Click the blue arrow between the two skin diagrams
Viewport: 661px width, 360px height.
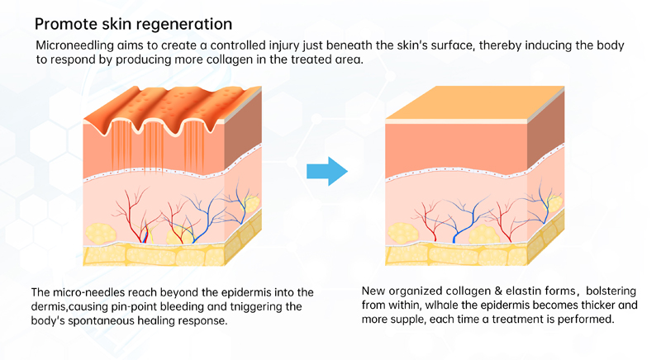click(x=326, y=171)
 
